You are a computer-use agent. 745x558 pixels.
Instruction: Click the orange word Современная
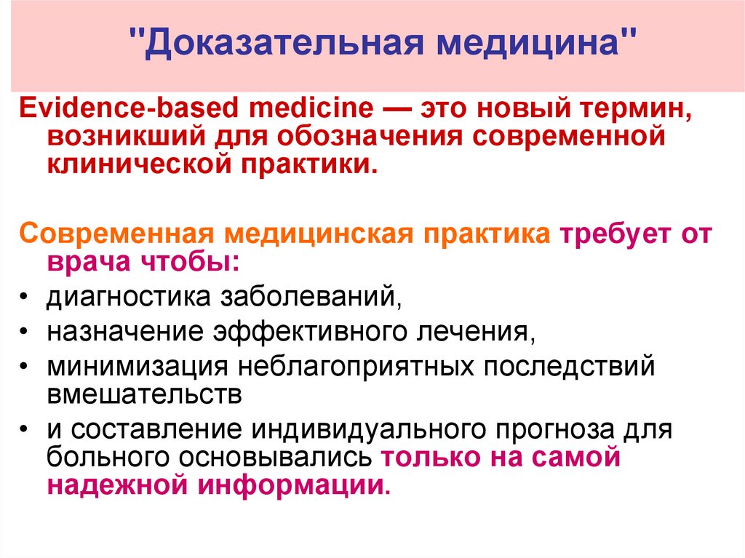(x=117, y=234)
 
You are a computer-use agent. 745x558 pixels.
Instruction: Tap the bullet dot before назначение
(x=24, y=332)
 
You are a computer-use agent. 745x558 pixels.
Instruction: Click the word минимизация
(x=133, y=366)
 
